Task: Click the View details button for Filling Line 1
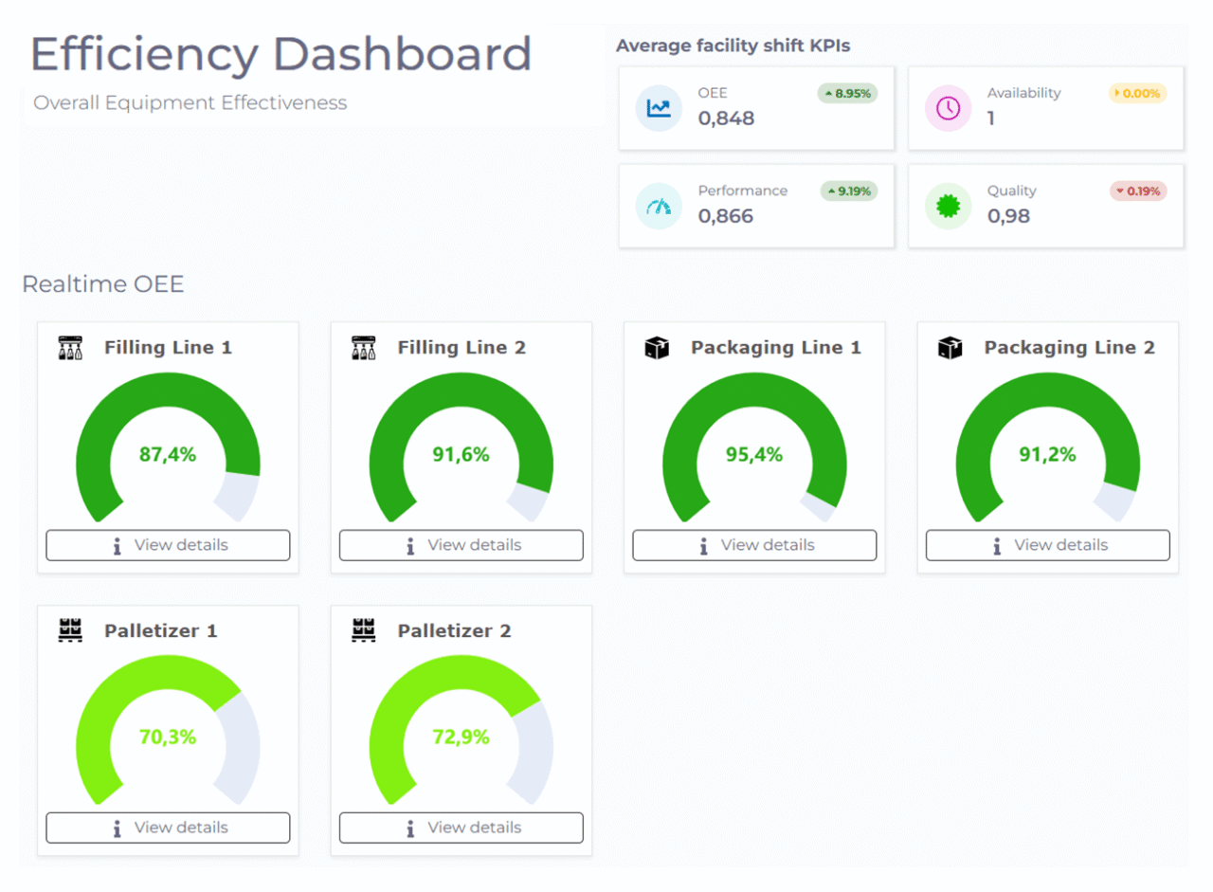coord(168,545)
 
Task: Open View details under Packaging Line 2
coord(1047,545)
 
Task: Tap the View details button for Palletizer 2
coord(461,828)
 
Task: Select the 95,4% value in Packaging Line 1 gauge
coord(754,454)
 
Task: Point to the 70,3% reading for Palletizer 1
coord(168,737)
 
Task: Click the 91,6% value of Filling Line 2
coord(461,454)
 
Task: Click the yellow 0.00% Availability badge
coord(1137,93)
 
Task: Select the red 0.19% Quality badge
coord(1137,191)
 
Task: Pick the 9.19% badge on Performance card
coord(849,191)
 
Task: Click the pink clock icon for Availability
coord(948,108)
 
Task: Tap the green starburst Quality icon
coord(948,206)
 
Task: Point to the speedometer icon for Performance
coord(659,206)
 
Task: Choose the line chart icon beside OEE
coord(659,108)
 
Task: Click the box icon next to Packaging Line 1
coord(657,348)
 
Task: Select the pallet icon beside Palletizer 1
coord(71,630)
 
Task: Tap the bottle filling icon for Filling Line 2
coord(364,348)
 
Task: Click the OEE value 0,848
coord(726,118)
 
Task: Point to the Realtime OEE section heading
coord(102,284)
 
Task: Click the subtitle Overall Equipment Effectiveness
coord(190,102)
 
